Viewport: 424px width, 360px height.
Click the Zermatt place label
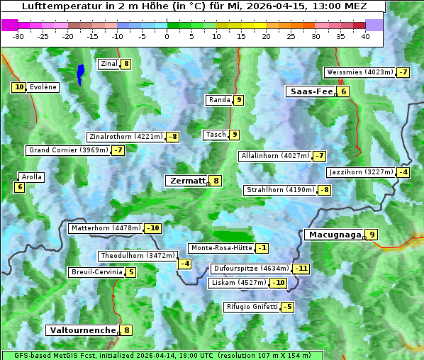click(186, 181)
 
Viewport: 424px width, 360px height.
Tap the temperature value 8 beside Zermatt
click(216, 181)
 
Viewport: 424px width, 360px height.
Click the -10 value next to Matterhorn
click(152, 228)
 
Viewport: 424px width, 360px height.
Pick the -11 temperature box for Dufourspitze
click(302, 269)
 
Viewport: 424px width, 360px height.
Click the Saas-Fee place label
click(310, 91)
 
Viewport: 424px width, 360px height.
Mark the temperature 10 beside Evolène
click(19, 87)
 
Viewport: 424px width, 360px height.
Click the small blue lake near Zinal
click(80, 74)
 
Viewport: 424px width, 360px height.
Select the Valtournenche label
click(81, 330)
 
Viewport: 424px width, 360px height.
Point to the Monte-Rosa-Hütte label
click(221, 248)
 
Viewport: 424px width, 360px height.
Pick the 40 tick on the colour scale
click(365, 36)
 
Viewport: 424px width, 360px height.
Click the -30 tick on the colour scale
click(18, 36)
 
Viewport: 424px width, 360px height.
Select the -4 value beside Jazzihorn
click(403, 172)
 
